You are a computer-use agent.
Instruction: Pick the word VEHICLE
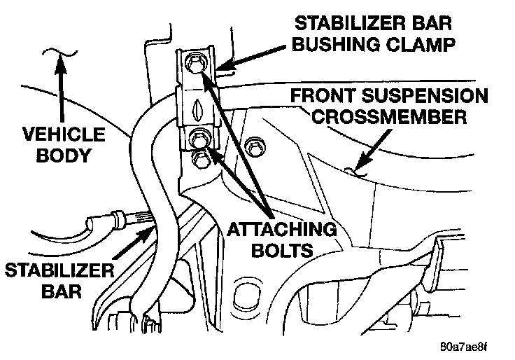coord(62,133)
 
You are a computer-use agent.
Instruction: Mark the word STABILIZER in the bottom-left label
coord(48,270)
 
